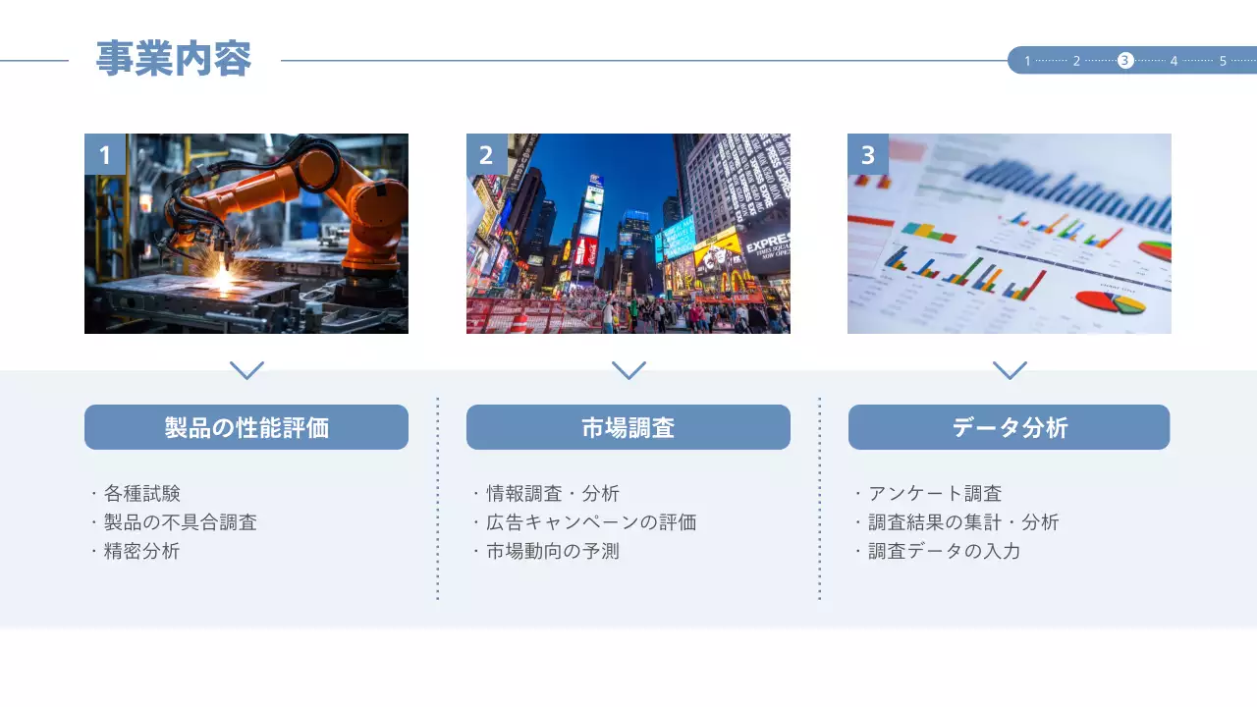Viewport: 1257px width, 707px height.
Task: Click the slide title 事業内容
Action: (174, 60)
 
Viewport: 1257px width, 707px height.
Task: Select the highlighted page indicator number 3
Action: (1125, 61)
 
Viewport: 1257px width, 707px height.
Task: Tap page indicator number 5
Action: (1223, 61)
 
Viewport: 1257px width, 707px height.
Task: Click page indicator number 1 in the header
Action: (1027, 61)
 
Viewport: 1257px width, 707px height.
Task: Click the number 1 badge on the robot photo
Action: (105, 154)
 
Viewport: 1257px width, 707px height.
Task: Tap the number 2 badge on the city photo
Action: (486, 154)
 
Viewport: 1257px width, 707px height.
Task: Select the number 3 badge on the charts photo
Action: (867, 154)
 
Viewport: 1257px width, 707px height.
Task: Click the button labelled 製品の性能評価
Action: (246, 427)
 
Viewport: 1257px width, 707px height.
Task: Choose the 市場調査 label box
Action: (628, 427)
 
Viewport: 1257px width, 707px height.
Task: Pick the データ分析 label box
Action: (1009, 427)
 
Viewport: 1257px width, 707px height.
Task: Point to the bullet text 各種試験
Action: (141, 494)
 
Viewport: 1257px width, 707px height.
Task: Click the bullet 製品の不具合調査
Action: (180, 522)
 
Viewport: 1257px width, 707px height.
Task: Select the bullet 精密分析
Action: (141, 551)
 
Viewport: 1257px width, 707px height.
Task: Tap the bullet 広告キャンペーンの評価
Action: (591, 522)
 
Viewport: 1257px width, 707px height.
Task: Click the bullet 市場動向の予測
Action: (553, 551)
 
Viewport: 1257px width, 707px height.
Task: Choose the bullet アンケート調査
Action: (935, 494)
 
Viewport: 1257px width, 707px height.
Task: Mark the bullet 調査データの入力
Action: (945, 551)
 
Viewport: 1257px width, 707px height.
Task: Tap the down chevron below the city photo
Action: (628, 370)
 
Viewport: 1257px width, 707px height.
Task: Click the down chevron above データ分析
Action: (1010, 370)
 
